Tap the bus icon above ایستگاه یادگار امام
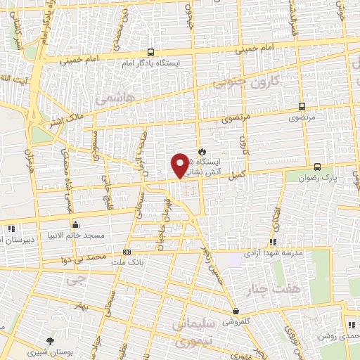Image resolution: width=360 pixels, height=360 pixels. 150,52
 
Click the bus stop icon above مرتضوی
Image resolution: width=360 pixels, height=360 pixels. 302,107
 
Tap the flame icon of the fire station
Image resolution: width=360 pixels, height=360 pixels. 202,151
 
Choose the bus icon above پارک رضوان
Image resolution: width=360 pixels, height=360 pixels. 318,167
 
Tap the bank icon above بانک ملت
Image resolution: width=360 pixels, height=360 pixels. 127,252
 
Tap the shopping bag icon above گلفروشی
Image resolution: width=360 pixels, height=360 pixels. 235,311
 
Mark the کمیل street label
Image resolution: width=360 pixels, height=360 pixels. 235,173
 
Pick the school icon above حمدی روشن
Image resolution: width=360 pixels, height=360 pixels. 349,324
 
